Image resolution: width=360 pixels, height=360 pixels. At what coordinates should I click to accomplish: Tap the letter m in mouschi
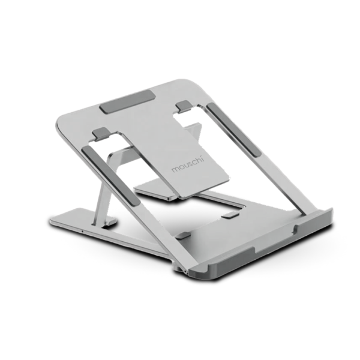coord(175,172)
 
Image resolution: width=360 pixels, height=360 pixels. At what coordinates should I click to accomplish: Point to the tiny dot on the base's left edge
coord(81,229)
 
